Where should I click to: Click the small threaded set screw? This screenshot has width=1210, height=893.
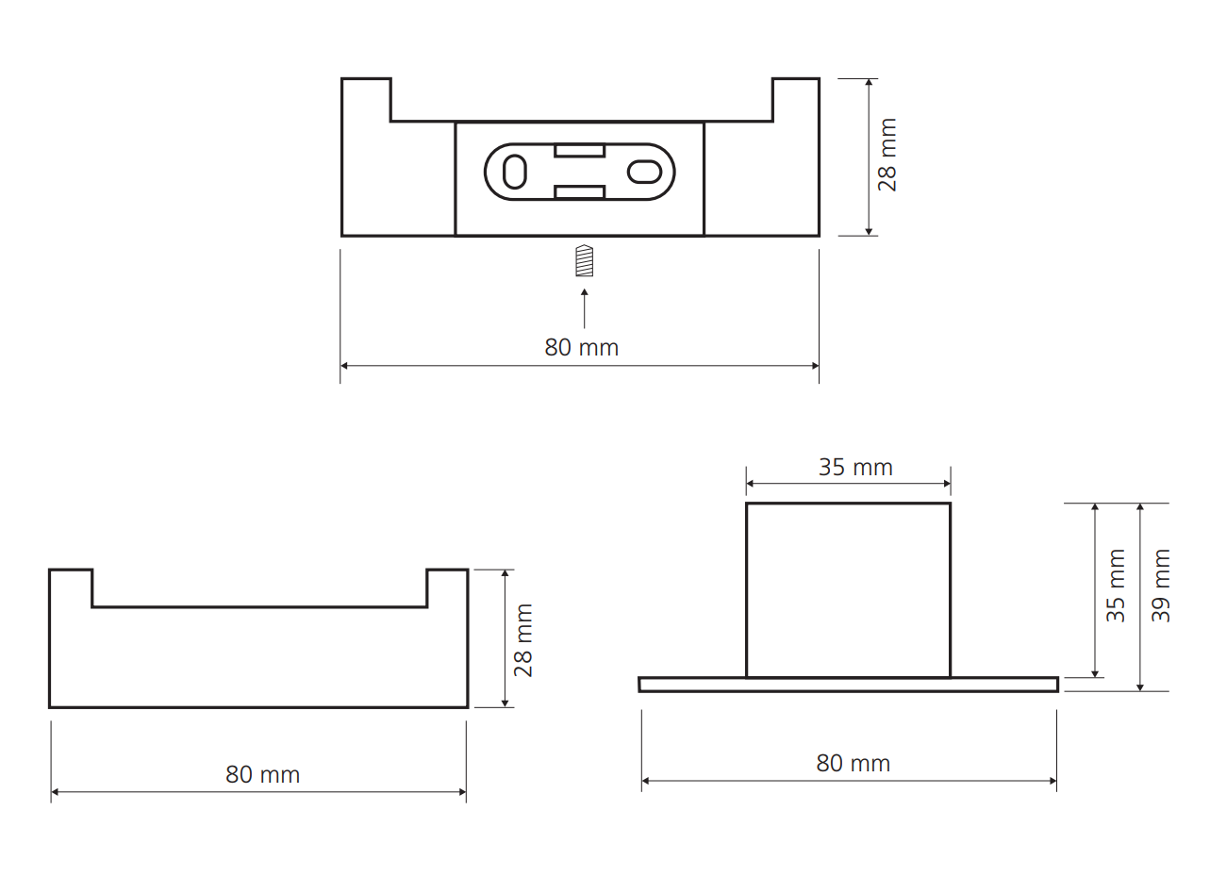click(585, 261)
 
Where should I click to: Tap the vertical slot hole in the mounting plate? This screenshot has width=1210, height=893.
click(514, 172)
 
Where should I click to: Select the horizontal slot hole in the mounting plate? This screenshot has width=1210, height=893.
click(644, 172)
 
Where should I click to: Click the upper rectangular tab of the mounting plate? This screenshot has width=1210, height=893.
click(579, 150)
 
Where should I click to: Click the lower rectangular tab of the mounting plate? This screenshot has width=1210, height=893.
click(579, 192)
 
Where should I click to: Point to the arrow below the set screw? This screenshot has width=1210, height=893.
click(585, 308)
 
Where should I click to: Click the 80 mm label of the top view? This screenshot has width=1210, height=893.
click(582, 348)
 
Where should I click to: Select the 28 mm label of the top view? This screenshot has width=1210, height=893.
click(887, 155)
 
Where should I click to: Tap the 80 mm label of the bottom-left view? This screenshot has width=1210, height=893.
click(262, 775)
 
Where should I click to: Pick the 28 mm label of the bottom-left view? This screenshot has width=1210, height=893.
click(523, 640)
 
